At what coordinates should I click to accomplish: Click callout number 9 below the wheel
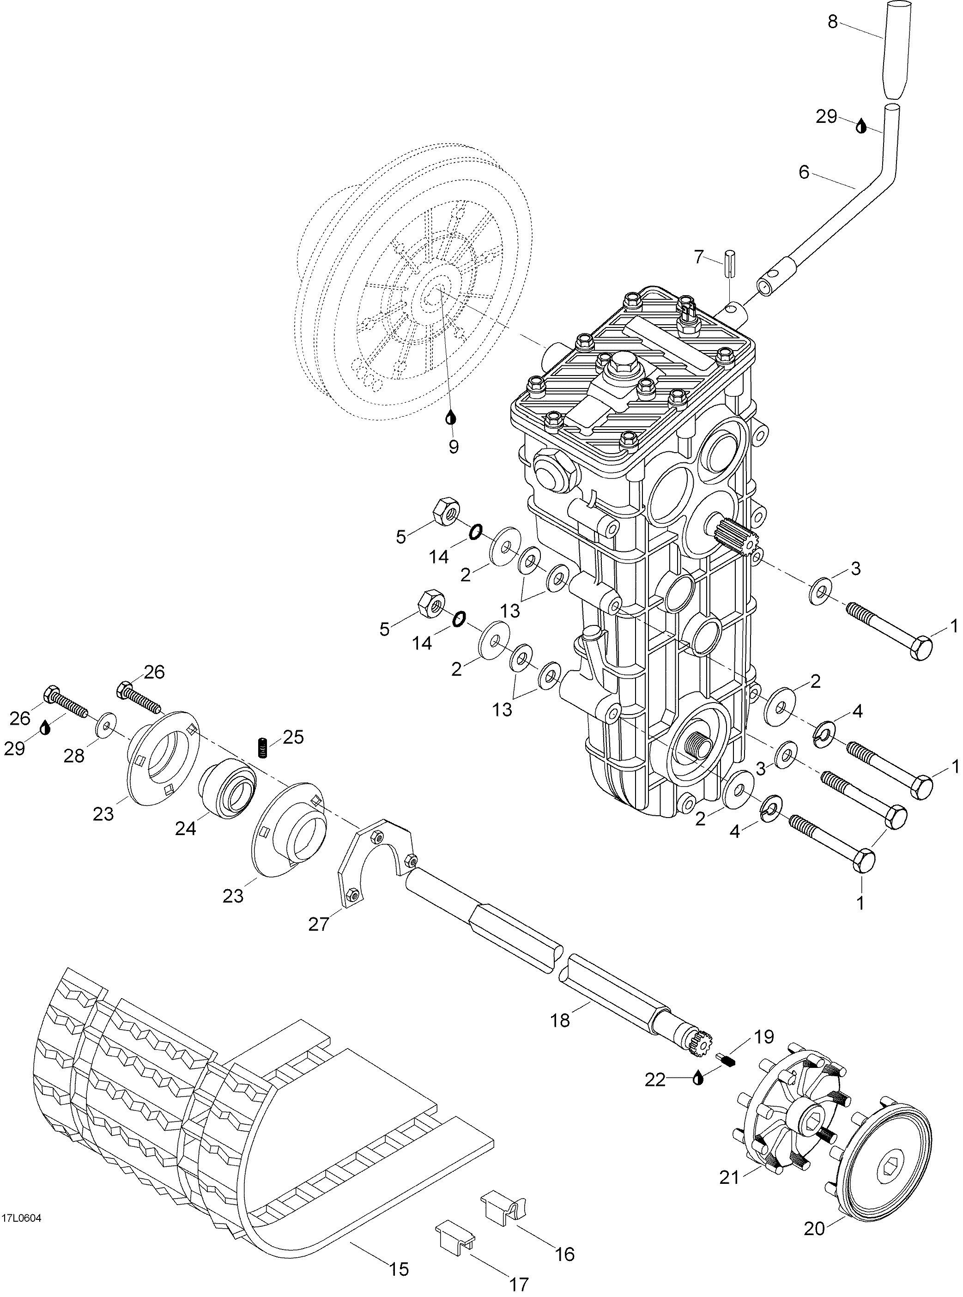pos(453,447)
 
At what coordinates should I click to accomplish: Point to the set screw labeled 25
pos(263,748)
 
